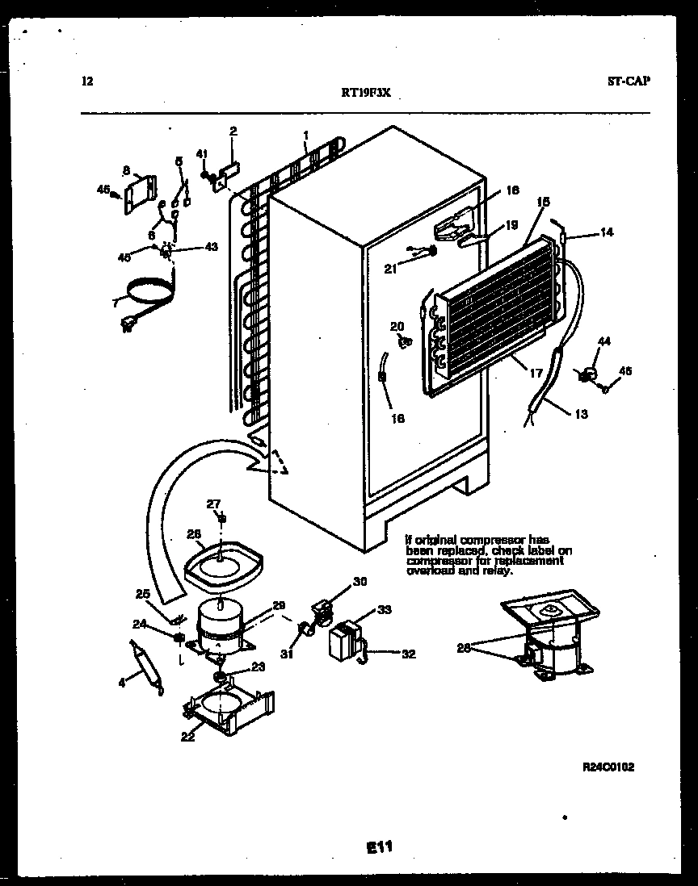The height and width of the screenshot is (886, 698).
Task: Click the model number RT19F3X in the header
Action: point(367,92)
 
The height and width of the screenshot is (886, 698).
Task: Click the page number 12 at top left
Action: point(88,81)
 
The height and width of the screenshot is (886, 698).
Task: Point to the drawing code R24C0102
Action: point(607,767)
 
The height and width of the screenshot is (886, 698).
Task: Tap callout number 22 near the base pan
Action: point(187,736)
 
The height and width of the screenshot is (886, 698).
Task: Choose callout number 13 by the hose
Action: point(582,415)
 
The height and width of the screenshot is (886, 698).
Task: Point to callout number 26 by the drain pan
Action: point(193,533)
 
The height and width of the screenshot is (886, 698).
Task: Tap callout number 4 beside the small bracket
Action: point(122,683)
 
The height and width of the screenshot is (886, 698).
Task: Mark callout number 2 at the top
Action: point(233,131)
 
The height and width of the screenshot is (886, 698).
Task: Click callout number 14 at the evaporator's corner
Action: point(606,232)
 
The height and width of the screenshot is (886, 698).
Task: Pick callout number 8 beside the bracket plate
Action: point(126,170)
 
